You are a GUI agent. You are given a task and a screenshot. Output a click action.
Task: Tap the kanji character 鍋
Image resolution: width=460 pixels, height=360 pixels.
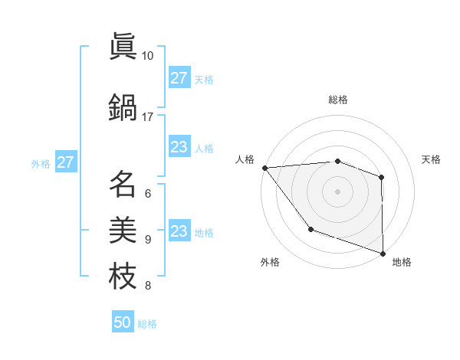[x=123, y=106]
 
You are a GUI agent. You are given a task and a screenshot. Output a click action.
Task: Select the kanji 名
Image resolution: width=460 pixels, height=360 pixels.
[x=123, y=184]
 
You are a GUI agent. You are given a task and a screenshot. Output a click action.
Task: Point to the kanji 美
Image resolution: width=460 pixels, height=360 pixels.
[x=123, y=230]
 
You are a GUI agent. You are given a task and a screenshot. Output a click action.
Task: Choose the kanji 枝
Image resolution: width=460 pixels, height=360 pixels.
[x=123, y=276]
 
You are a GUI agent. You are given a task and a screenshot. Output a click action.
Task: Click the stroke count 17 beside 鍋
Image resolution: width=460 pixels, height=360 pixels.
[x=148, y=116]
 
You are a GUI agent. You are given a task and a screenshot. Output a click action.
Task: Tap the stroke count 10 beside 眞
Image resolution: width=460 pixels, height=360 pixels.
[x=148, y=56]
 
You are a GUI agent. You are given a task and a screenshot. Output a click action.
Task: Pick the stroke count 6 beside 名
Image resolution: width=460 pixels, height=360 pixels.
[x=148, y=193]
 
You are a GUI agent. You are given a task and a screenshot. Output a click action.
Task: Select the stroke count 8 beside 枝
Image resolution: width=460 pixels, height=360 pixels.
[x=148, y=286]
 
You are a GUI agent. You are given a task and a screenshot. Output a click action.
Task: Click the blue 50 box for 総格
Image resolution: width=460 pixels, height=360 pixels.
[x=123, y=322]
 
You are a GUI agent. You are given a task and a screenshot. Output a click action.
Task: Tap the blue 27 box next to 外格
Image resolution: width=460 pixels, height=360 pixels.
[x=65, y=162]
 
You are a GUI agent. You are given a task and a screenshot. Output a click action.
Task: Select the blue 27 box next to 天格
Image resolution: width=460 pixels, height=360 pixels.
[x=179, y=78]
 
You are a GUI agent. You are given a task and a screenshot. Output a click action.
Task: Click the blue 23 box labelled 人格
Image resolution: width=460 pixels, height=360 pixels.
[x=179, y=147]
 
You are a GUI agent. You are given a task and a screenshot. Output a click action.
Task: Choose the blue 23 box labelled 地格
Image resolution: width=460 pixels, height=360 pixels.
[x=179, y=231]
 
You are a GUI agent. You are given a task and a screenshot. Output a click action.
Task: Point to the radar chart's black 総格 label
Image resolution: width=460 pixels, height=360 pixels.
[x=337, y=100]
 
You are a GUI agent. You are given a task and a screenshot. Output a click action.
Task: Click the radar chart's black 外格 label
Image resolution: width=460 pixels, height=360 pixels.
[x=270, y=262]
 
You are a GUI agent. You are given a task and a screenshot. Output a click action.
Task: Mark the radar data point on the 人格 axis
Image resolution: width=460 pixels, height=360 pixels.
[x=264, y=168]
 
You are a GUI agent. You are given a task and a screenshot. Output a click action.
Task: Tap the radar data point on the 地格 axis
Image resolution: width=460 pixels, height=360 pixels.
[x=382, y=253]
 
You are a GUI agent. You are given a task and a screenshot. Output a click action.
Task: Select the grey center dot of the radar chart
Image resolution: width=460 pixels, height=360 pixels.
[x=337, y=191]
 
